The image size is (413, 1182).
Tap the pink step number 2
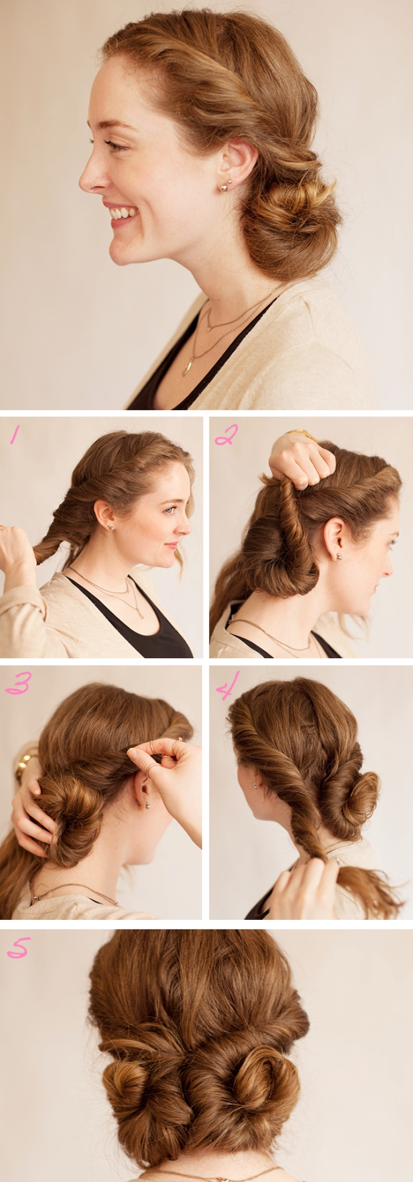pos(226,434)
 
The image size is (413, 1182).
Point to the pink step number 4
pos(227,686)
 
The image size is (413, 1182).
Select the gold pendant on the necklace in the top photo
pos(189,366)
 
